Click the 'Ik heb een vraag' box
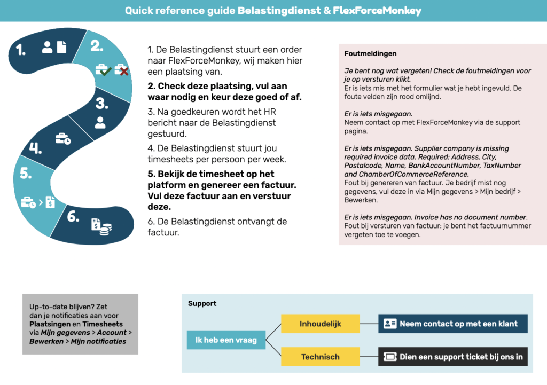tap(226, 340)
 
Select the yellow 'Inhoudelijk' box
tap(320, 324)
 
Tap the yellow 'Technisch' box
tap(320, 357)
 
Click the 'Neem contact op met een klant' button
tap(452, 324)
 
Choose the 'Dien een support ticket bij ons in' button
tap(452, 357)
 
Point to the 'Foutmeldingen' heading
tap(370, 54)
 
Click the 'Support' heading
tap(202, 303)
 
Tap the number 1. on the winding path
tap(21, 51)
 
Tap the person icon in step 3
tap(100, 122)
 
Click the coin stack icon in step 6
tap(106, 228)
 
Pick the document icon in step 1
tap(61, 47)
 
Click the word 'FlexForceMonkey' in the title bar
tap(377, 10)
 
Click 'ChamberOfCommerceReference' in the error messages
tap(405, 174)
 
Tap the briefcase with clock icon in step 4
tap(63, 139)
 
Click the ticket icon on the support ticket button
tap(390, 357)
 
